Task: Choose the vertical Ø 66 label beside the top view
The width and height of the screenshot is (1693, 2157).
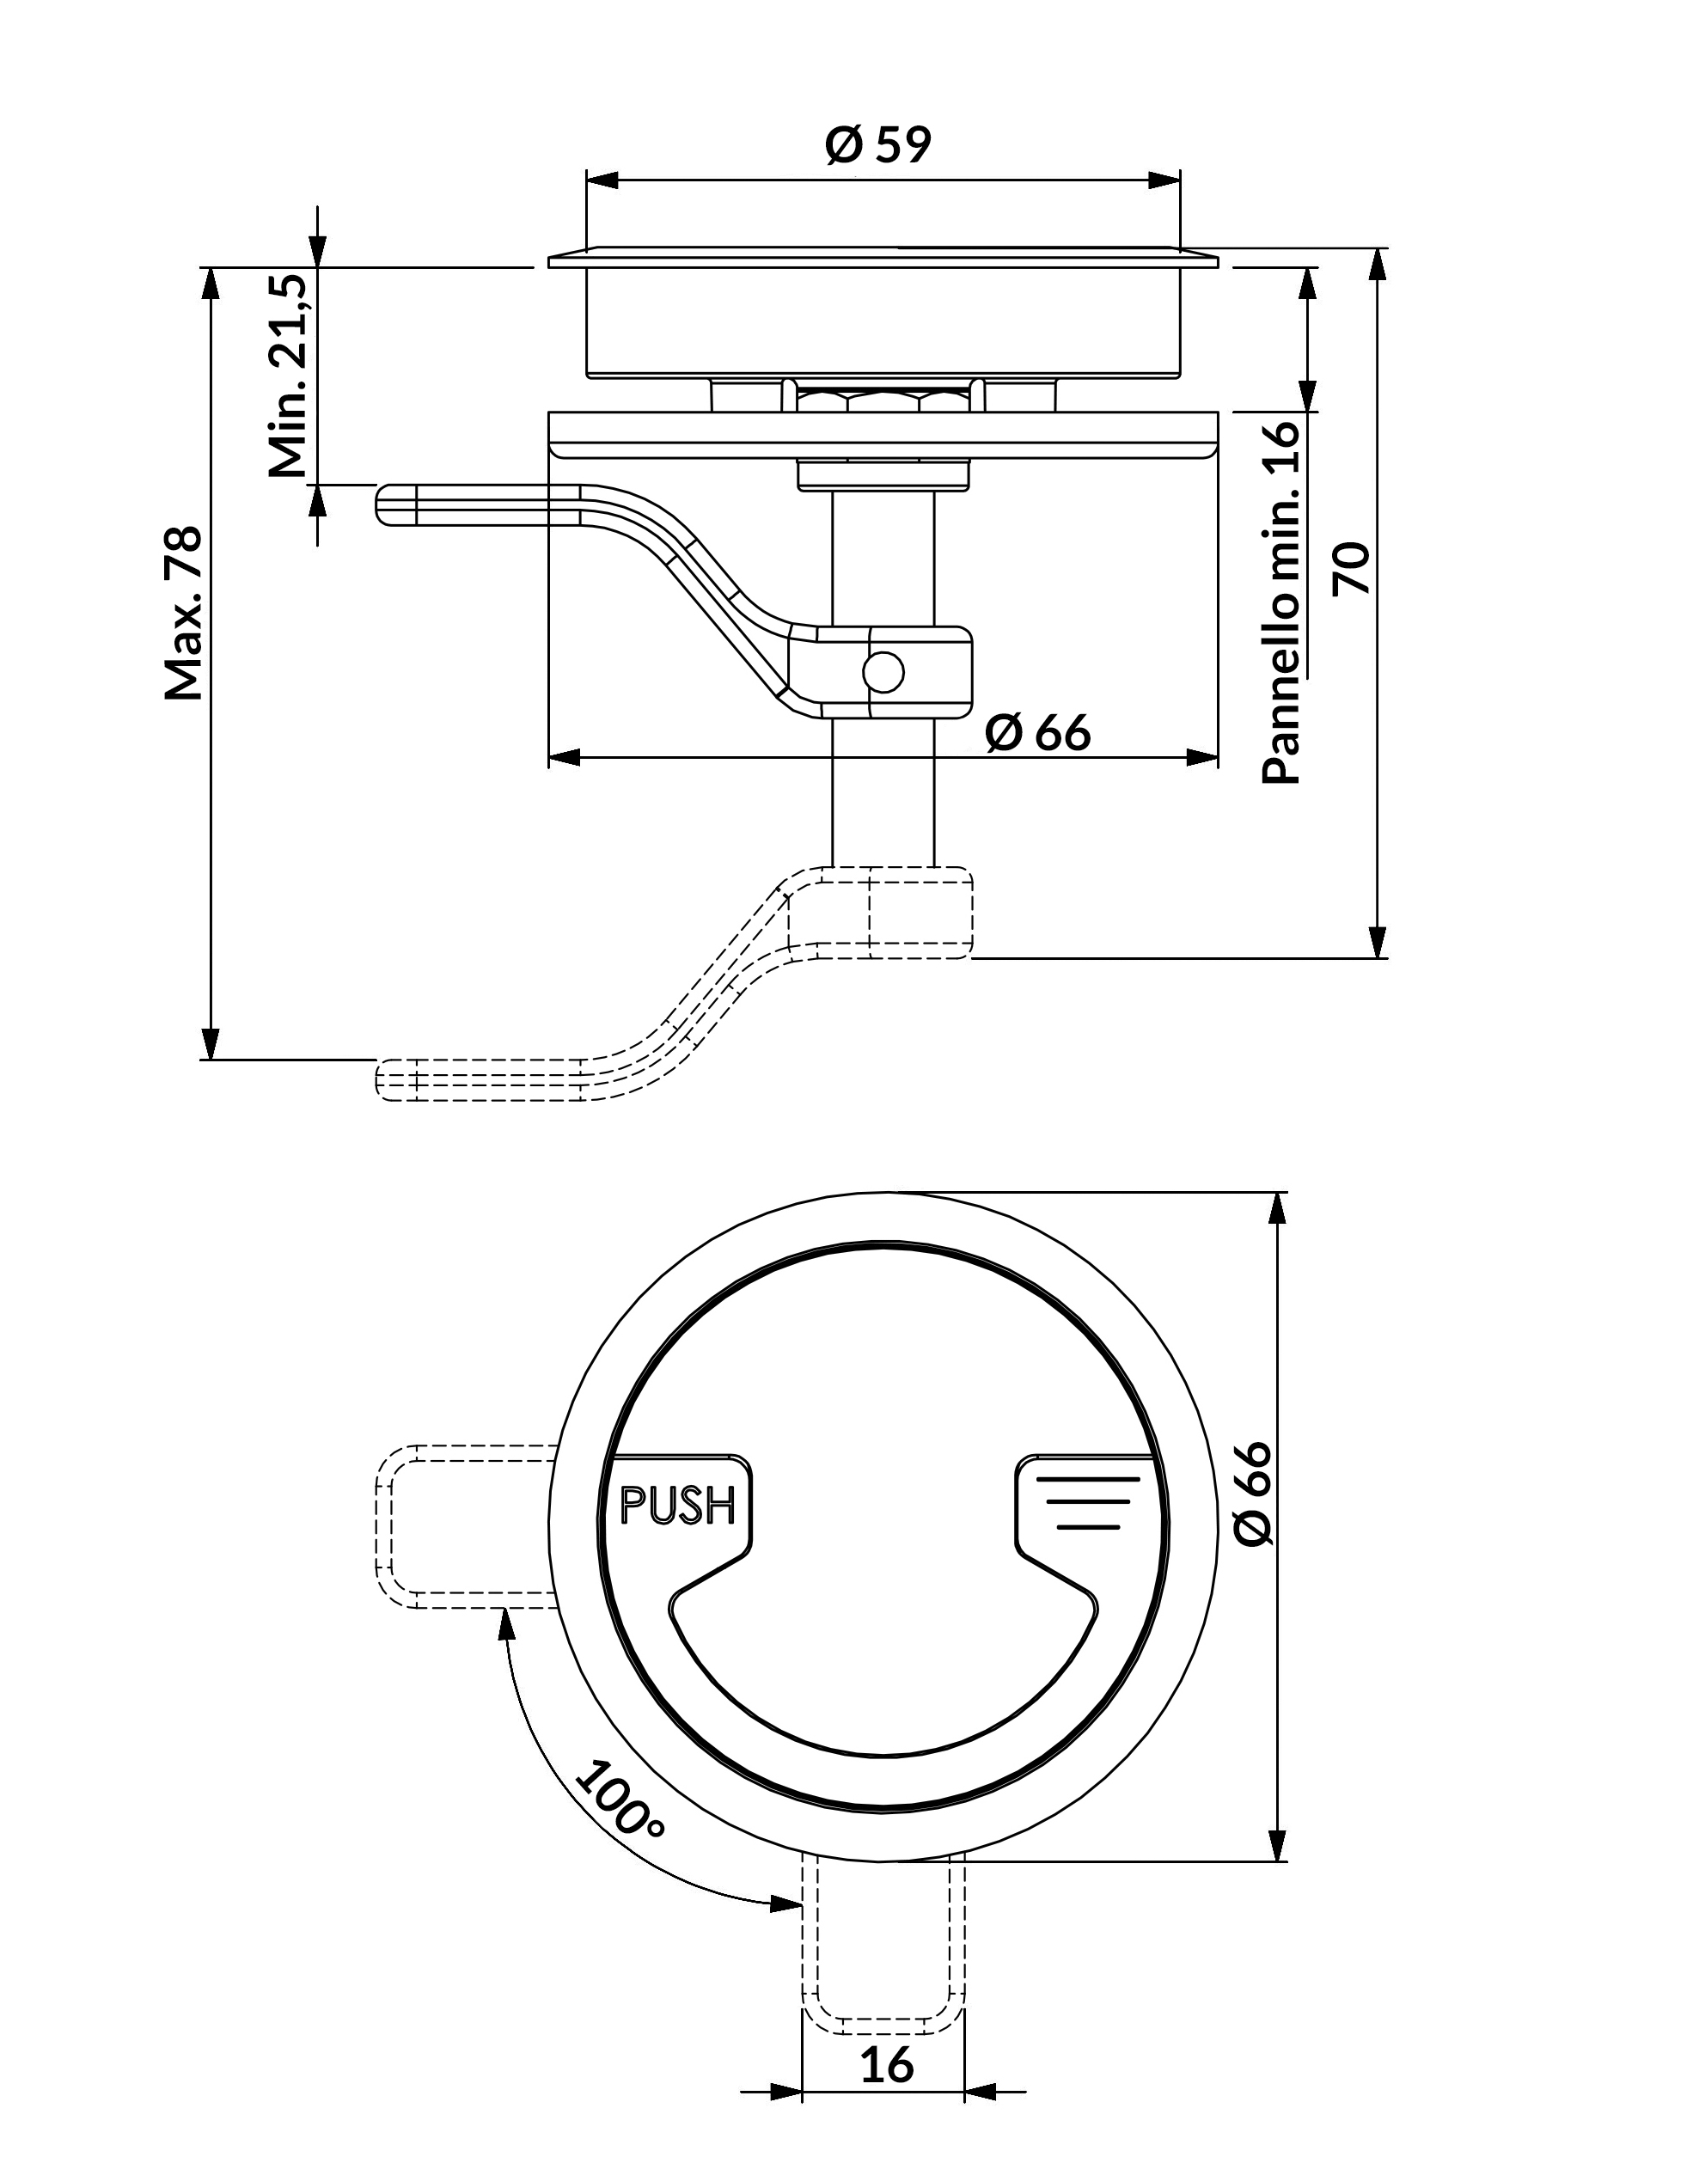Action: pos(1253,1493)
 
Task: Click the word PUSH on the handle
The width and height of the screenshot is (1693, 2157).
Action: pos(677,1505)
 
